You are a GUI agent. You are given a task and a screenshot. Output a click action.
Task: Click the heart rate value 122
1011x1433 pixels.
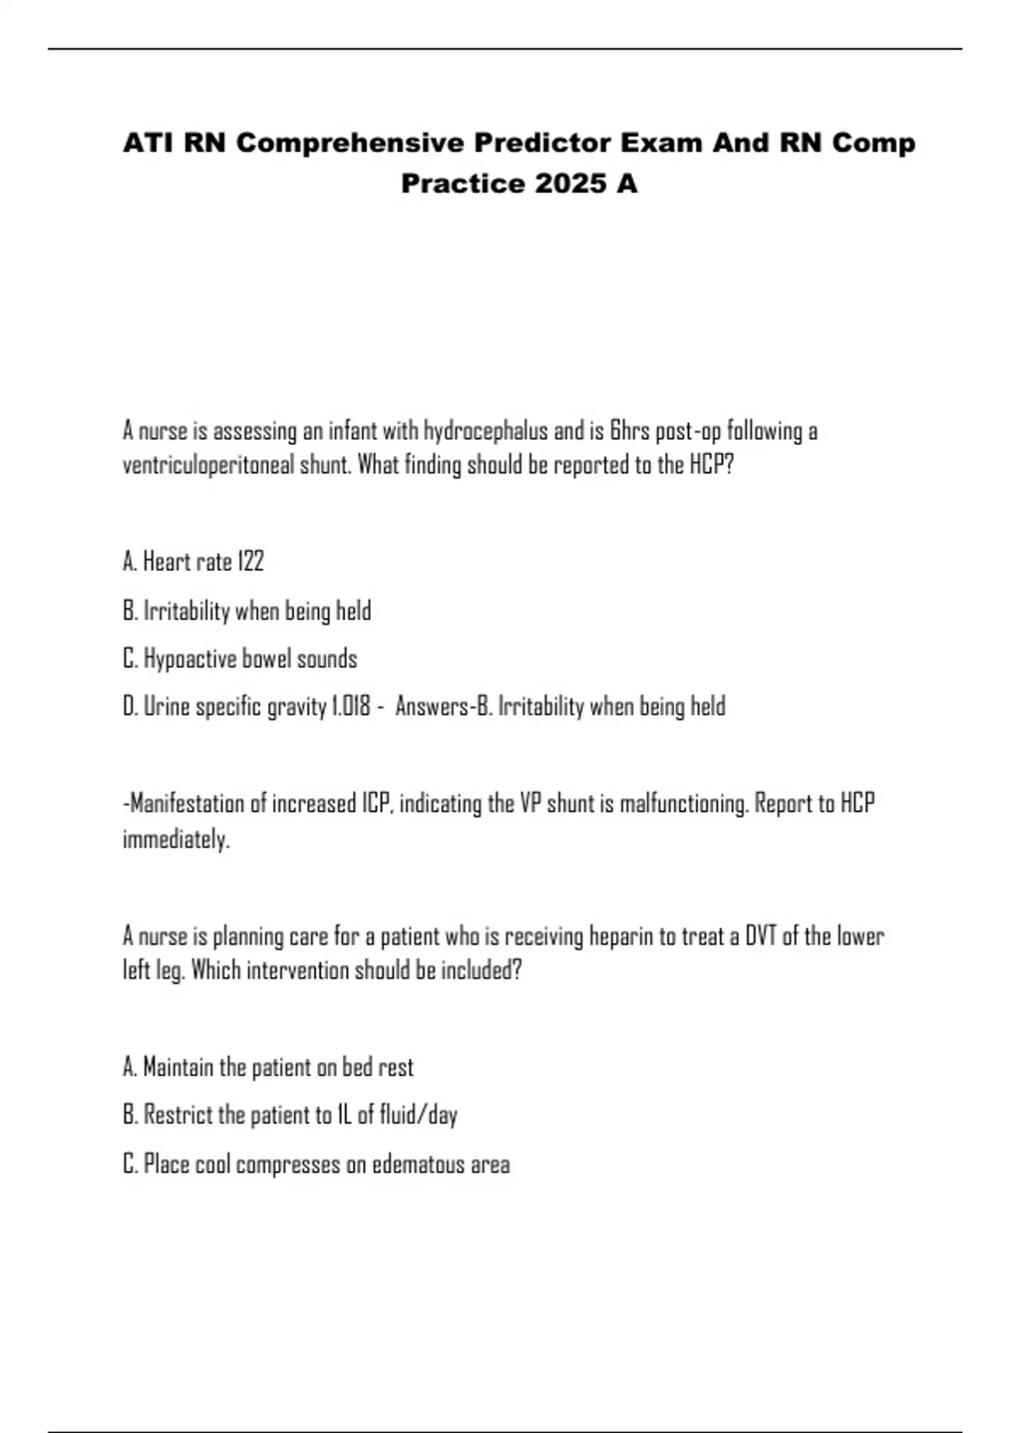(251, 561)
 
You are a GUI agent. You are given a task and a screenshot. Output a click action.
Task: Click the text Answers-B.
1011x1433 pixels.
(443, 706)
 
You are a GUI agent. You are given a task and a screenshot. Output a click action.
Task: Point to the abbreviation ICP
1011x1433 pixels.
(376, 803)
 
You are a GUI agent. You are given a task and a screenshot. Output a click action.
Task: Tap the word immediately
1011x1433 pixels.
(175, 840)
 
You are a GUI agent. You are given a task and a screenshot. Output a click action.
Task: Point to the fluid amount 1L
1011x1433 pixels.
(343, 1115)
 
